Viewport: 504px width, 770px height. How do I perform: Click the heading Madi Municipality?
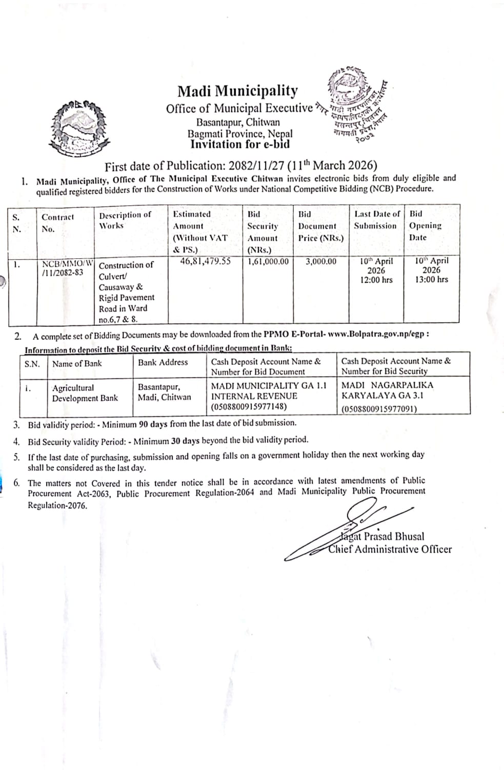click(x=237, y=91)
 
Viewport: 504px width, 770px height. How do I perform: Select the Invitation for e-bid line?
click(x=239, y=144)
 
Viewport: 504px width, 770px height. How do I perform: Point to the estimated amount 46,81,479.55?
click(x=205, y=261)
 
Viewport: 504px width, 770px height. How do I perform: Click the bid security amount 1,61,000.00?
click(x=268, y=262)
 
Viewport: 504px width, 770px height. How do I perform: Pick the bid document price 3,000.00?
click(x=321, y=262)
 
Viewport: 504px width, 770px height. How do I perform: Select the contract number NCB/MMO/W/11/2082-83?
click(x=66, y=268)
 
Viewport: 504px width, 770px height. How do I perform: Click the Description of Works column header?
click(x=125, y=220)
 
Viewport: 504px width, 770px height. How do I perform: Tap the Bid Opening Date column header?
click(x=425, y=225)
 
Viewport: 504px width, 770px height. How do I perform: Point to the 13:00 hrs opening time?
click(x=431, y=279)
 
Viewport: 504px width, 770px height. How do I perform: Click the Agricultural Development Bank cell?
click(x=85, y=393)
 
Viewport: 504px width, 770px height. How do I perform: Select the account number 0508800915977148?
click(x=249, y=407)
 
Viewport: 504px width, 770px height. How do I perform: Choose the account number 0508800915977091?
click(x=379, y=409)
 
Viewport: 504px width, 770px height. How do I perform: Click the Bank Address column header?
click(x=163, y=363)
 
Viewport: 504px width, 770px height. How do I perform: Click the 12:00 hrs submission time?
click(x=376, y=280)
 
